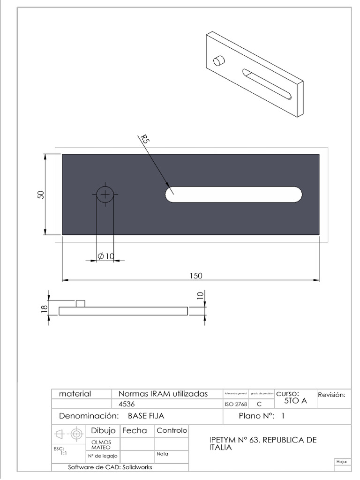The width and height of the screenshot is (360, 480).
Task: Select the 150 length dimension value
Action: [x=196, y=276]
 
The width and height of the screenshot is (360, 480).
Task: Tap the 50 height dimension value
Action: [x=41, y=194]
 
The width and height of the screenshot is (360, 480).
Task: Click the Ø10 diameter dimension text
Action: [x=106, y=256]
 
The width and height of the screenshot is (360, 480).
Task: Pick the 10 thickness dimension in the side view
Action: [x=201, y=295]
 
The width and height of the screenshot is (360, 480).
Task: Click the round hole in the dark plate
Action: [x=105, y=194]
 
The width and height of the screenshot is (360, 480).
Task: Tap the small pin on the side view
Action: [x=81, y=303]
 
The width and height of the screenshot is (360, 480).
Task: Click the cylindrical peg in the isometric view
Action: [x=219, y=61]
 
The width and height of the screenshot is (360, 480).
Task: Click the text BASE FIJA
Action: [x=146, y=416]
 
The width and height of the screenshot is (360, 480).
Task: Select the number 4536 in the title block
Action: [x=127, y=404]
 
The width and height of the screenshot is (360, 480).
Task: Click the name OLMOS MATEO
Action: [x=101, y=444]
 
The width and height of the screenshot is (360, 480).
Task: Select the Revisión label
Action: [x=332, y=395]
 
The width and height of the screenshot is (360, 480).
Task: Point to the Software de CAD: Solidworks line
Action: [x=110, y=467]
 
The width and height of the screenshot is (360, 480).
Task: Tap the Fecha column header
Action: [x=135, y=430]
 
